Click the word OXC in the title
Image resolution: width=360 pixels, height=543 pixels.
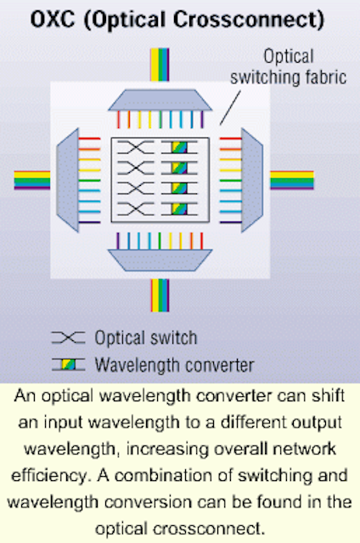coord(53,20)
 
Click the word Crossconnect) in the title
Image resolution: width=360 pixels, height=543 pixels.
coord(249,20)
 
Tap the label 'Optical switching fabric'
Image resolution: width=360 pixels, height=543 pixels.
coord(289,67)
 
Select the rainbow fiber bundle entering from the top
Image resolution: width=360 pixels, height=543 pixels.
coord(160,64)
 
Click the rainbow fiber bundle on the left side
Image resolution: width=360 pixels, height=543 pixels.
coord(32,180)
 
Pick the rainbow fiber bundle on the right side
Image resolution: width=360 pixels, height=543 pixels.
coord(292,180)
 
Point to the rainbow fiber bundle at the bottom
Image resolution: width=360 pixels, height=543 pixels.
coord(160,295)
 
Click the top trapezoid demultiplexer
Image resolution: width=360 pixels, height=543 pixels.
coord(160,100)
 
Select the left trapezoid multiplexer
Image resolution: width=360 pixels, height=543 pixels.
coord(68,180)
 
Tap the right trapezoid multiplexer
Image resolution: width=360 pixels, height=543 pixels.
coord(252,180)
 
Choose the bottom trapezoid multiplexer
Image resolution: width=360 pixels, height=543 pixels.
coord(160,260)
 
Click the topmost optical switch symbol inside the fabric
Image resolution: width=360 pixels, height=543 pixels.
coord(136,147)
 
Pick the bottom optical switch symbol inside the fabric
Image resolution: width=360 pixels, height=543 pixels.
coord(136,209)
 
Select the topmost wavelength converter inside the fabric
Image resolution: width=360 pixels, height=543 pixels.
coord(179,147)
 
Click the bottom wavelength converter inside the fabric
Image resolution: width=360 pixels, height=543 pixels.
coord(179,209)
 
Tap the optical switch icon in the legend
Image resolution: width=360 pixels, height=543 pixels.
coord(68,338)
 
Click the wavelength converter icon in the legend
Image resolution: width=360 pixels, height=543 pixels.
coord(68,365)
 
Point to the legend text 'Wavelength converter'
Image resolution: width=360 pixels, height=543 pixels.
coord(175,366)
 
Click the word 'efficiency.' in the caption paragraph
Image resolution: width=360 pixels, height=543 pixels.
coord(52,476)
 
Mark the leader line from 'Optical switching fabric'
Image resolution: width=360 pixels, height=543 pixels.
coord(230,108)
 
